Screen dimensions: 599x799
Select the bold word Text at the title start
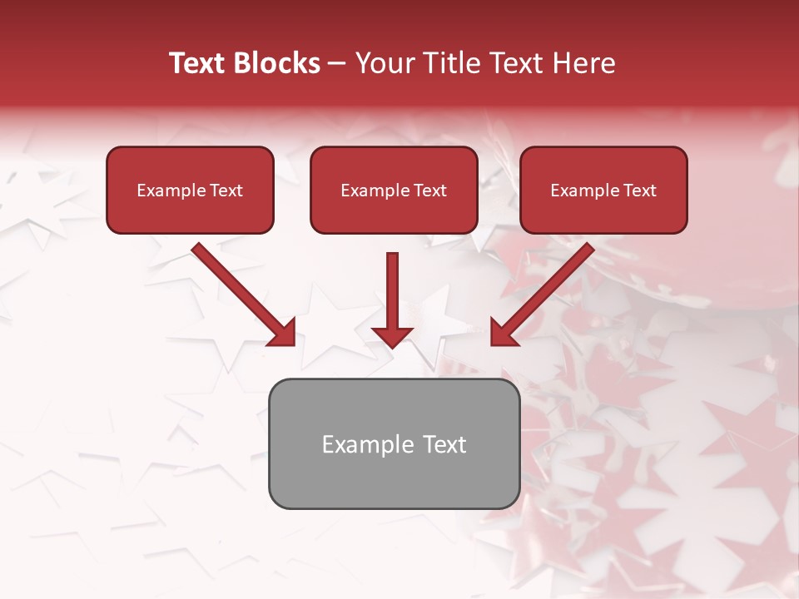[198, 63]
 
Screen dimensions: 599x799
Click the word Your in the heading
[384, 63]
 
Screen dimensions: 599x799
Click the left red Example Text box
[190, 191]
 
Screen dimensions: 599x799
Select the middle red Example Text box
[394, 191]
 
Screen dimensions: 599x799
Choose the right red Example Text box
[603, 191]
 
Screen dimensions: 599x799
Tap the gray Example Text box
[394, 443]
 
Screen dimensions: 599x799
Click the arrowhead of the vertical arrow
[392, 336]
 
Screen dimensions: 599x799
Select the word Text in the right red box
[639, 191]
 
